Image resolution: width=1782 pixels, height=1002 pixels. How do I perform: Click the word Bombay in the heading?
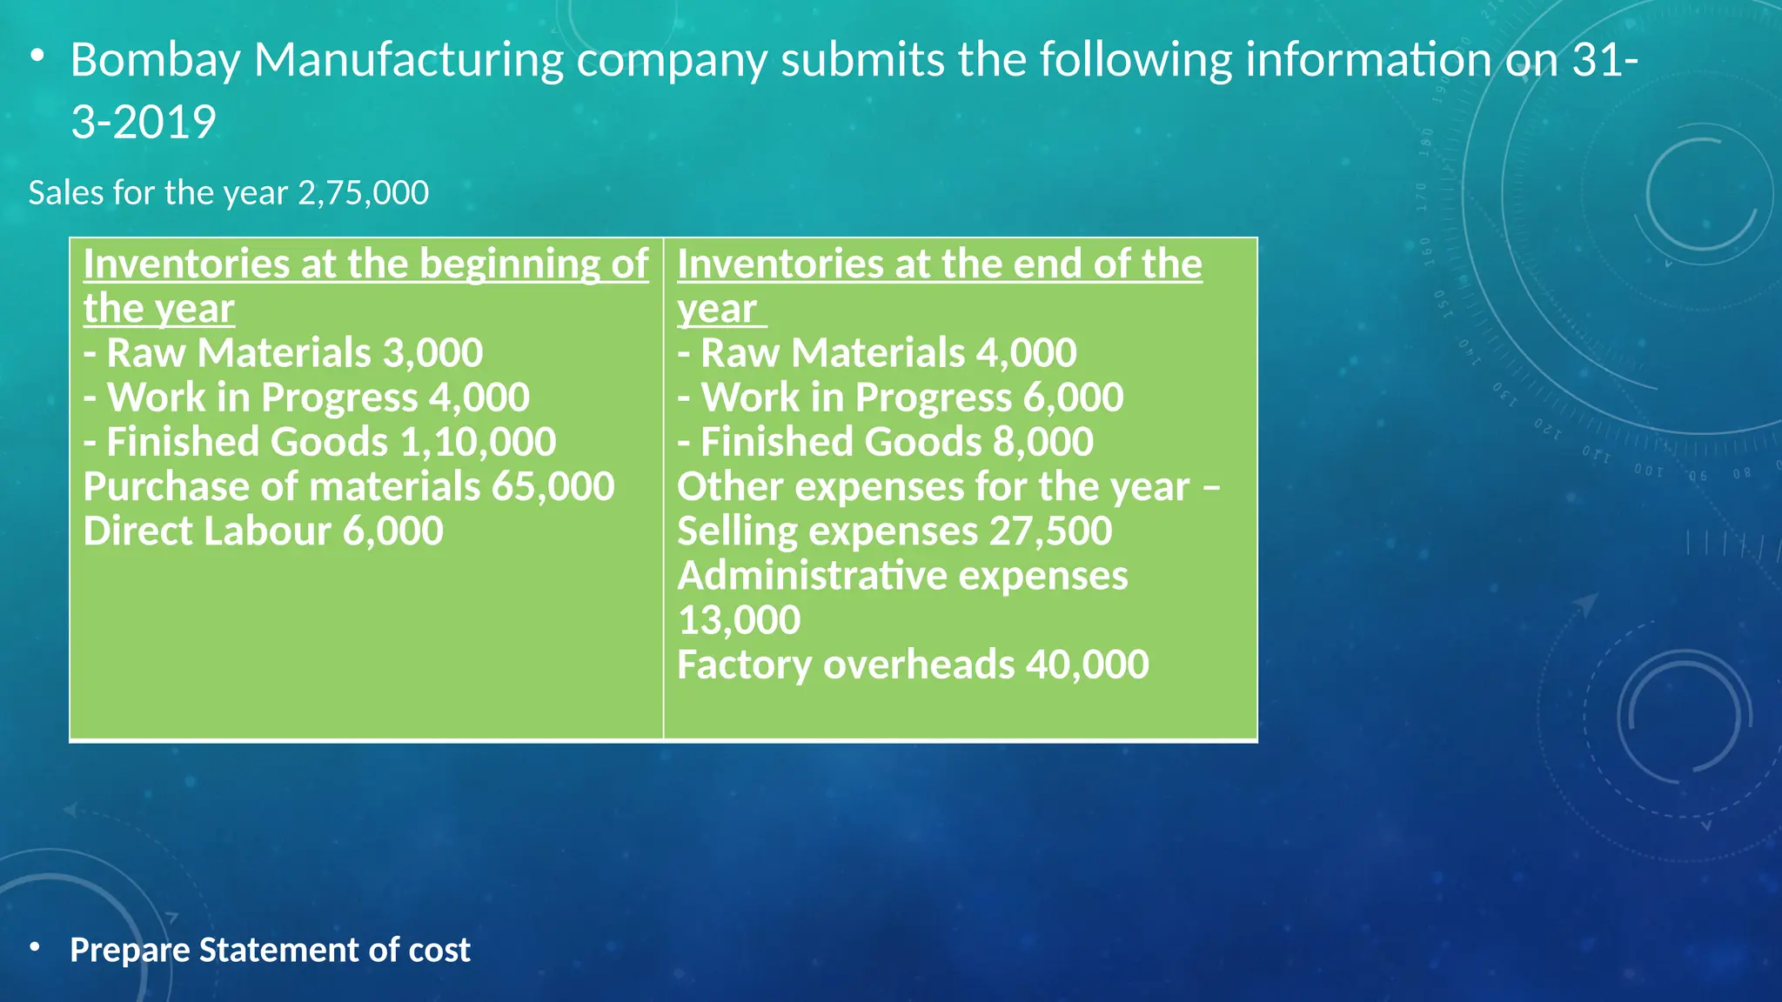click(x=155, y=61)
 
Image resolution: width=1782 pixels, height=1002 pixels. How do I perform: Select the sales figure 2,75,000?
click(x=363, y=193)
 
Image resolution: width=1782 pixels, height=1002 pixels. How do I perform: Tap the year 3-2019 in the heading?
click(x=144, y=122)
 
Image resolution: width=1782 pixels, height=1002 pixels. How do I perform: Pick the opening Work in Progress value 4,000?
click(x=479, y=397)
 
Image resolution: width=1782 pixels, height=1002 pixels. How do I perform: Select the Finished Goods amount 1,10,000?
click(x=478, y=442)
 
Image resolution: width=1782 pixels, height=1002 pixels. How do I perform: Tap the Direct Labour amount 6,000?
click(x=392, y=531)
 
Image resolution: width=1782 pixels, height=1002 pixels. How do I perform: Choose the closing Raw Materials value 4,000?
click(x=1027, y=353)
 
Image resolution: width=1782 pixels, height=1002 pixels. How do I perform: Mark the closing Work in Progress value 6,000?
click(x=1073, y=397)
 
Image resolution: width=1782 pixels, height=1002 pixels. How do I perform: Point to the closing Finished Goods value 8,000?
click(x=1043, y=442)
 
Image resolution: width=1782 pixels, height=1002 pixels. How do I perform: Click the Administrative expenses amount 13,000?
click(x=739, y=620)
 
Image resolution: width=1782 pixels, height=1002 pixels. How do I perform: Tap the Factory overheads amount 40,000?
click(x=1087, y=665)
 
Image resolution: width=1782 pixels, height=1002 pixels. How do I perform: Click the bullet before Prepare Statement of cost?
click(x=35, y=946)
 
